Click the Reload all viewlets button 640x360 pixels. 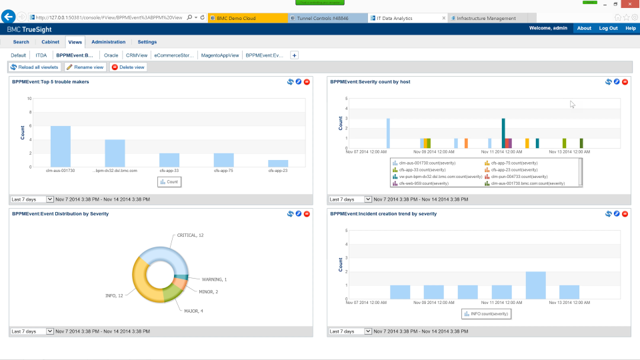coord(35,67)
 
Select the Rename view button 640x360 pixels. coord(85,67)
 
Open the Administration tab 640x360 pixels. coord(108,42)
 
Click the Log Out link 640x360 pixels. coord(608,29)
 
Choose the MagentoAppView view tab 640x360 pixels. coord(220,55)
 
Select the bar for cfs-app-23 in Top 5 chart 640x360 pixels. coord(278,163)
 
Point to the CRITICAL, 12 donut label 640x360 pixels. coord(190,235)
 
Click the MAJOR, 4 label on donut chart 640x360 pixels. coord(193,311)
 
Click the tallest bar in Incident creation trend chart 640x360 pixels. coord(535,285)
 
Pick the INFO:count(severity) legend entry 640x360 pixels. coord(487,313)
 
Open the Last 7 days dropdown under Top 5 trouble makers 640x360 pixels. coord(32,199)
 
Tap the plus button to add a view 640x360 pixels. coord(295,55)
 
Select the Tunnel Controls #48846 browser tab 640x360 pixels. coord(327,18)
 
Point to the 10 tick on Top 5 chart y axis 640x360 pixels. coord(29,99)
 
